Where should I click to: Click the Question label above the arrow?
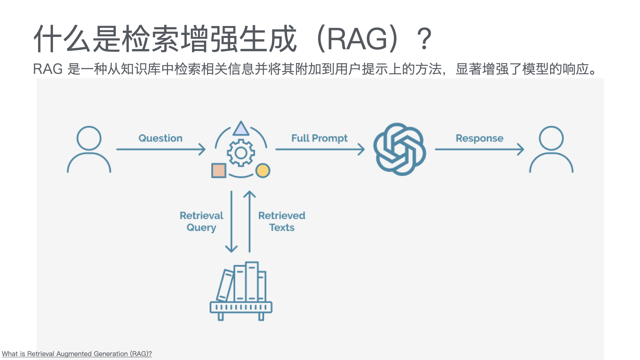[x=160, y=138]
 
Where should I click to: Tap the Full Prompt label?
[x=319, y=138]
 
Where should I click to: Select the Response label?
[x=479, y=138]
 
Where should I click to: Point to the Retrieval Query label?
[x=201, y=221]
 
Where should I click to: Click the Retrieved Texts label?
[x=282, y=221]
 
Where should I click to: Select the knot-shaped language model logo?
[x=399, y=149]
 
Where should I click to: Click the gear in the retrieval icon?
[x=241, y=153]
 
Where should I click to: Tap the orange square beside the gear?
[x=219, y=170]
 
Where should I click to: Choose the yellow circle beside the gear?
[x=263, y=171]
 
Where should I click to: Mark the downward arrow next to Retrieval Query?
[x=231, y=222]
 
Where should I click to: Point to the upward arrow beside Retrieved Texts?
[x=249, y=222]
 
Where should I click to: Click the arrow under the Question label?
[x=161, y=149]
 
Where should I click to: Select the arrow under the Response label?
[x=479, y=149]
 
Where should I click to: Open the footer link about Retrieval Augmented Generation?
[x=77, y=354]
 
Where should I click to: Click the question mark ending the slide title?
[x=424, y=39]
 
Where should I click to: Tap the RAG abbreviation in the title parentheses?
[x=357, y=39]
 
